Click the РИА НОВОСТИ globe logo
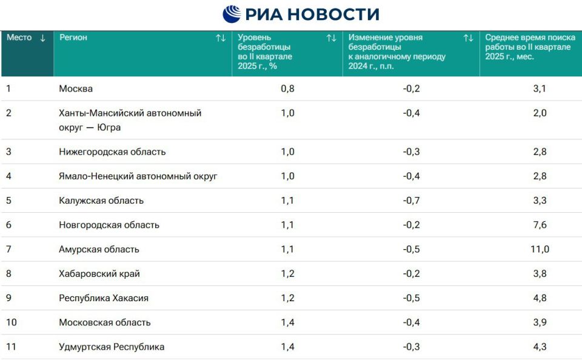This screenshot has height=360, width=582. (x=232, y=13)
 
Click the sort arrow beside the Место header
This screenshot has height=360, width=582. (x=42, y=38)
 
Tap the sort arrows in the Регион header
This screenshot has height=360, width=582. (x=221, y=38)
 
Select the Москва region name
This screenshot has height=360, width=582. (x=76, y=89)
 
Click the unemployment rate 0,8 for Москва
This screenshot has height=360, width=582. (x=288, y=89)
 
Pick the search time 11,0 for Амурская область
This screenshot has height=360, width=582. (x=540, y=249)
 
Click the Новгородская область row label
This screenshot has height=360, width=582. (x=109, y=225)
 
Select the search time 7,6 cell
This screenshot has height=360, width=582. (x=540, y=225)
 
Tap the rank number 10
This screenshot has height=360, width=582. (x=12, y=322)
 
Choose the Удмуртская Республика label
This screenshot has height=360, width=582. (x=112, y=347)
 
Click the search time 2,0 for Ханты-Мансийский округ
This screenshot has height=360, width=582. (x=540, y=113)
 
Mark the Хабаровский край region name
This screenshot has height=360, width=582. (x=99, y=274)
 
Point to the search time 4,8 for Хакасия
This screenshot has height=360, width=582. (x=540, y=298)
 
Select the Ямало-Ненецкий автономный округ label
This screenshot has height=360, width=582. (x=138, y=176)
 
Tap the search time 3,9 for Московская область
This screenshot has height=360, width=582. (x=540, y=322)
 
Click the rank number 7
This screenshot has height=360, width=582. (x=9, y=249)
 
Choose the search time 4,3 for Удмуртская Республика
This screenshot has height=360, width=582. (x=540, y=347)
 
